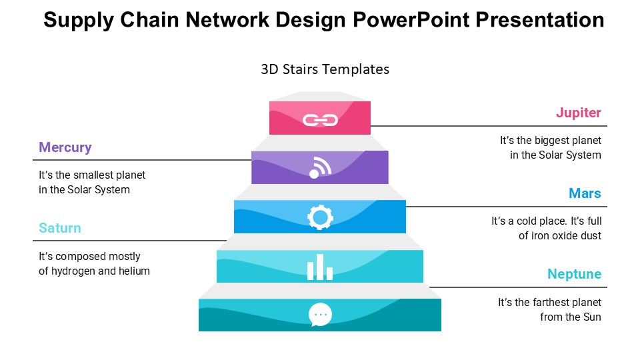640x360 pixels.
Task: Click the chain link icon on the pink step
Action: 320,120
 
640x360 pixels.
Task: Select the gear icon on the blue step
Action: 320,217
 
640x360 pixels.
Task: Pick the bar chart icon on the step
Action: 320,267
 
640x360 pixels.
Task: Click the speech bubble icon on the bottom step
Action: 320,314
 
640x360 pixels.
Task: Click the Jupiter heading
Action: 578,113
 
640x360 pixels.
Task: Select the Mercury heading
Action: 65,147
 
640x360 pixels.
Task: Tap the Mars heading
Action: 585,193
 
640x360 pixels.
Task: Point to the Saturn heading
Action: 60,228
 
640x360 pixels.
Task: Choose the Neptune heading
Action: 574,274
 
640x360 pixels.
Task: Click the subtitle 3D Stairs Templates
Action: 325,69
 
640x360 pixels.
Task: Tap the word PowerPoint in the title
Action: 409,20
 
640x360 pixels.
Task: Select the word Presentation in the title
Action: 541,20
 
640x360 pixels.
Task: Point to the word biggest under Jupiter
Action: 546,141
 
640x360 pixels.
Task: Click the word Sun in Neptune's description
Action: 591,317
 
